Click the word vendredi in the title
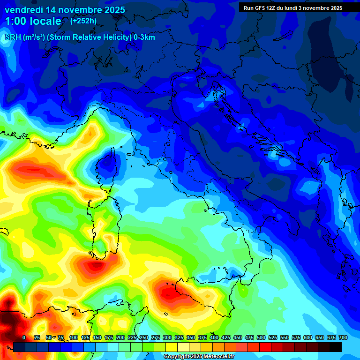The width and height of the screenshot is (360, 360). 23,10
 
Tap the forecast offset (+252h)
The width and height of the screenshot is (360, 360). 83,21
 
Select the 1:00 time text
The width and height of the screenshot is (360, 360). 16,21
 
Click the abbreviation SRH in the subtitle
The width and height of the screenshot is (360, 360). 13,37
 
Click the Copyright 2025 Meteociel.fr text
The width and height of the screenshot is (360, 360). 199,357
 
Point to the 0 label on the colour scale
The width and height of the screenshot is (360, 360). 24,338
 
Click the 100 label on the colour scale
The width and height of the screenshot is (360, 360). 73,338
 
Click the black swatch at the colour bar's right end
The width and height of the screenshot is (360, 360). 336,347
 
